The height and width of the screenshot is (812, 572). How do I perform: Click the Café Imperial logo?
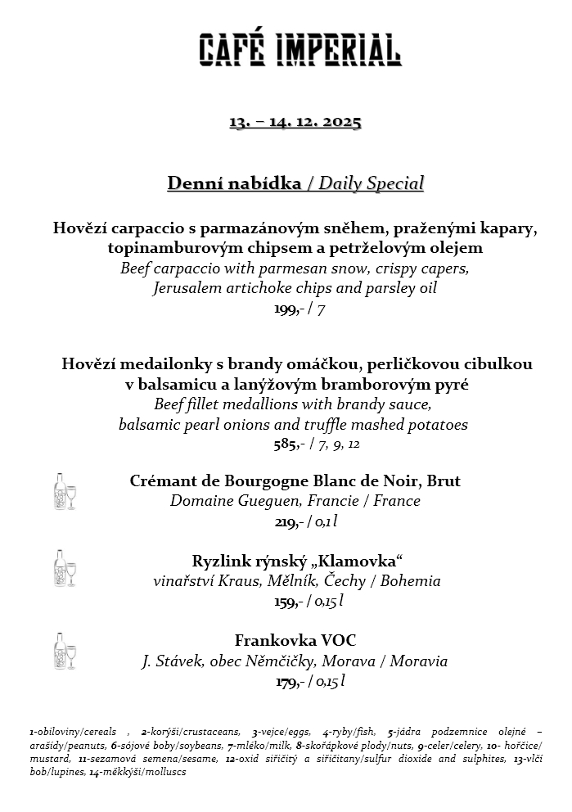click(300, 50)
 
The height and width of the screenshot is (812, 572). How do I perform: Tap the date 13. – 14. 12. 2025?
click(295, 122)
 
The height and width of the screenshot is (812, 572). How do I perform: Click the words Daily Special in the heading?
click(371, 183)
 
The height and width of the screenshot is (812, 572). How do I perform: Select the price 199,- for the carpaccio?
click(286, 309)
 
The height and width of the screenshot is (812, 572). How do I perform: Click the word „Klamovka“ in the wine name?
click(360, 561)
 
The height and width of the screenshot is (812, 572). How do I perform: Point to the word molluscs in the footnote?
click(166, 772)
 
